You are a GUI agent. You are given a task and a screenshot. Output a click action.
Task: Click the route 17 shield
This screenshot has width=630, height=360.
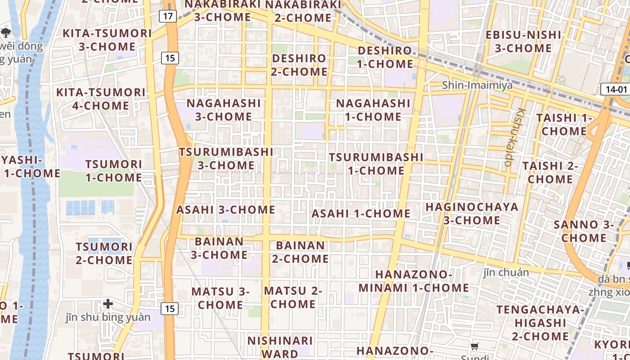pos(168,17)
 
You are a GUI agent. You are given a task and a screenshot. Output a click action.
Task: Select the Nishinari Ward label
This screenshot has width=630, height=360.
pos(280,347)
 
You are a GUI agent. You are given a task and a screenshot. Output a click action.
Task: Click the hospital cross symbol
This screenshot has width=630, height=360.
pos(108,304)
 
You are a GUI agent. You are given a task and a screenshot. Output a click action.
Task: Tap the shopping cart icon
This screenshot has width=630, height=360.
pos(475,346)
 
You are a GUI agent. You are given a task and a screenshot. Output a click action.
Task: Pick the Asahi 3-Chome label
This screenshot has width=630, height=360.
pos(225,210)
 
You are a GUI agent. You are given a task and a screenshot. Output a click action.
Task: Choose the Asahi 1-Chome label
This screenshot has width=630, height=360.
pos(361,213)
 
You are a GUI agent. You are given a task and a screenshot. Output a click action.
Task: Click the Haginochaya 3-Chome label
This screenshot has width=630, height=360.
pos(472,214)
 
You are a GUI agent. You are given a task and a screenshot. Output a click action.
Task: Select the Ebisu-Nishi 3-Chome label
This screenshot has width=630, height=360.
pos(523,41)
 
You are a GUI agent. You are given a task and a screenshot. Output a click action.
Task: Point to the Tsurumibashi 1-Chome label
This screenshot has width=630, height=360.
pos(376,164)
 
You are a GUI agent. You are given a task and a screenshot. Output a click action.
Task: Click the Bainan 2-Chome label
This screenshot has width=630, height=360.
pos(300,252)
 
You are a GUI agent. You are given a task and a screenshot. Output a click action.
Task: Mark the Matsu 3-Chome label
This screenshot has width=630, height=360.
pos(220,298)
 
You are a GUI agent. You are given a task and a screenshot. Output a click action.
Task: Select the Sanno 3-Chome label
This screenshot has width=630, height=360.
pos(584,231)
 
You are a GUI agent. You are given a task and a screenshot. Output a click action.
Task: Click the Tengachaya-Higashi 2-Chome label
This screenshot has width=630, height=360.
pos(540,323)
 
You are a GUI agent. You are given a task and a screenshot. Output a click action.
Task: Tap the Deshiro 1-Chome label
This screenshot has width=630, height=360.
pos(385,57)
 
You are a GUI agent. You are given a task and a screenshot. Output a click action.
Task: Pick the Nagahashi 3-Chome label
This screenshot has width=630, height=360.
pos(224,110)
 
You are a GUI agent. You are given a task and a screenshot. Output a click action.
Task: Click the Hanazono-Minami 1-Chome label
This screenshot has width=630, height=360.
pos(414,281)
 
